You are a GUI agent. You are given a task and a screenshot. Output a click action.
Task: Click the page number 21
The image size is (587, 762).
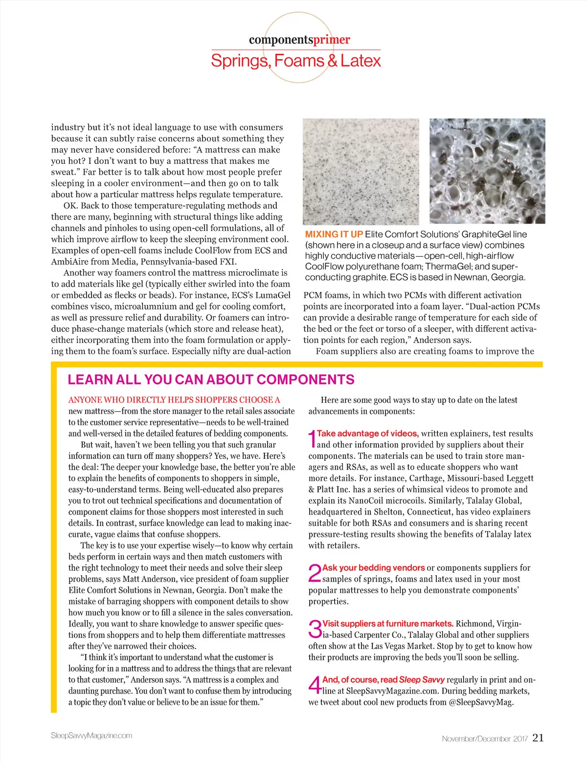(538, 738)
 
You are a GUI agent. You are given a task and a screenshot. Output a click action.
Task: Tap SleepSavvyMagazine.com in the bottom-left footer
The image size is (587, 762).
(91, 736)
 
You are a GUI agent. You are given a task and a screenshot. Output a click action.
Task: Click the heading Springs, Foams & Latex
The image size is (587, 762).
(295, 61)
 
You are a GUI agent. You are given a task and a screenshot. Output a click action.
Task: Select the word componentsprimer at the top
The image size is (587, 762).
(299, 40)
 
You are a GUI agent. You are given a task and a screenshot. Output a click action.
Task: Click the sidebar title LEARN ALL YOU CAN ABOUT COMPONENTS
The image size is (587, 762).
(211, 380)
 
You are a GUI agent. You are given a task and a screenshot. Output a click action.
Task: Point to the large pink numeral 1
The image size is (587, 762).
(312, 439)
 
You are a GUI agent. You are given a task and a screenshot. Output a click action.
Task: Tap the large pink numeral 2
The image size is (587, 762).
(315, 573)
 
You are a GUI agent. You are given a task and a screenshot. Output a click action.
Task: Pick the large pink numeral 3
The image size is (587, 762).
(315, 629)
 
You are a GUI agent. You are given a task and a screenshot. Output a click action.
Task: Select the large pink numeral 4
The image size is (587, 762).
(315, 685)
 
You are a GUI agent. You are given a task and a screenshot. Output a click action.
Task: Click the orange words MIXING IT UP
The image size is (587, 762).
(334, 234)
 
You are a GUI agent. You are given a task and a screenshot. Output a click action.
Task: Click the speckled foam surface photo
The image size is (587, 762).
(361, 171)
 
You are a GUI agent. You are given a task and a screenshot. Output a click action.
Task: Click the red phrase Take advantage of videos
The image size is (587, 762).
(367, 433)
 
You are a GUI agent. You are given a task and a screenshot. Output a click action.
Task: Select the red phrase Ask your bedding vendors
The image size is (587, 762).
(373, 568)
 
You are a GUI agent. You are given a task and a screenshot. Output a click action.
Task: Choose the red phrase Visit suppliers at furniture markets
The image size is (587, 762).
(388, 624)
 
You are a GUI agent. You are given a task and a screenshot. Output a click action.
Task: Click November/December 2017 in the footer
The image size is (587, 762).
(484, 739)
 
